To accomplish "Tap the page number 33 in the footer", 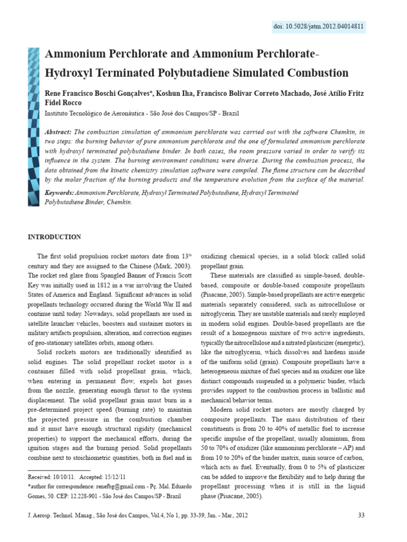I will pos(362,515).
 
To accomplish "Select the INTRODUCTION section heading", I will pos(55,237).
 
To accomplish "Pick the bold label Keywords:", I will pos(60,193).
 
